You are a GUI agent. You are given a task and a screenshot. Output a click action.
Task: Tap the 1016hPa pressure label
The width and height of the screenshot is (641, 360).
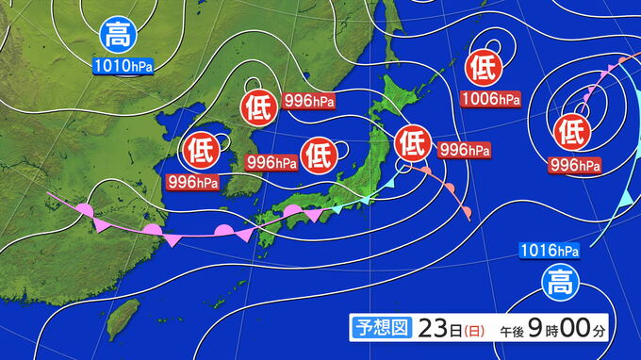[x=548, y=251]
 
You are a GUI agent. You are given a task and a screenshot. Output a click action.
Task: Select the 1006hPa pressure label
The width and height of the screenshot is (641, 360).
[x=490, y=98]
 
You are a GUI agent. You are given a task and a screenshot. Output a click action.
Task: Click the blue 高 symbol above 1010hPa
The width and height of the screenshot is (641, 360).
[x=118, y=37]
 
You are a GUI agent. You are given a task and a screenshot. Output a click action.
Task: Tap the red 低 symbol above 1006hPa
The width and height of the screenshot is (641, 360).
[x=483, y=68]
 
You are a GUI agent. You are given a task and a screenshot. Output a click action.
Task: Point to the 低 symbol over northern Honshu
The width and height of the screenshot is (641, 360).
[x=412, y=142]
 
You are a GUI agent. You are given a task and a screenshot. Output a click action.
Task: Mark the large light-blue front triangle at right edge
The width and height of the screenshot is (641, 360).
[x=625, y=197]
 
